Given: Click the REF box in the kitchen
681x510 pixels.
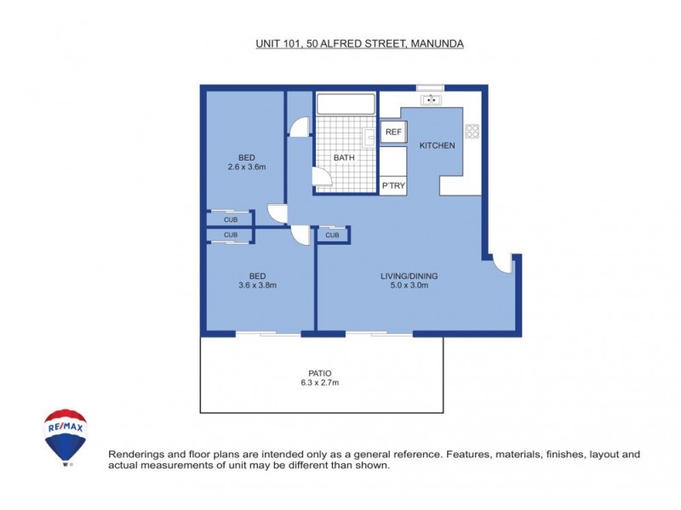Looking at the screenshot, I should click(392, 132).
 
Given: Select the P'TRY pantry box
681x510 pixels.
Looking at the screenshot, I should click(392, 185).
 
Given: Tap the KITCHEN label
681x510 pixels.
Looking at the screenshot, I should click(437, 145).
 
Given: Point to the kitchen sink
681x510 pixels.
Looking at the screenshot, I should click(432, 99).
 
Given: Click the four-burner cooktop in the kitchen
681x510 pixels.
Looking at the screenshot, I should click(472, 131).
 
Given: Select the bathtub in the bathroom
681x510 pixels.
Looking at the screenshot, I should click(346, 105).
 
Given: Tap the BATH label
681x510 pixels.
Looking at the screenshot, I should click(344, 157).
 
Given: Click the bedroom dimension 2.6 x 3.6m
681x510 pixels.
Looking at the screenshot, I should click(247, 167).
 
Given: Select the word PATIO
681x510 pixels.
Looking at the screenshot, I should click(320, 373).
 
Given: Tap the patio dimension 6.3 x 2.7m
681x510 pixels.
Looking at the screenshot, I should click(320, 383).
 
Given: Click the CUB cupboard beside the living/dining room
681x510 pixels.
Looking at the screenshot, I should click(332, 235).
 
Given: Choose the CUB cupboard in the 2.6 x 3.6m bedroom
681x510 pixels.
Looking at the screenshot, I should click(231, 219).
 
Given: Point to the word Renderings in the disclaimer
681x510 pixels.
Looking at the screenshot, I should click(134, 455).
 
